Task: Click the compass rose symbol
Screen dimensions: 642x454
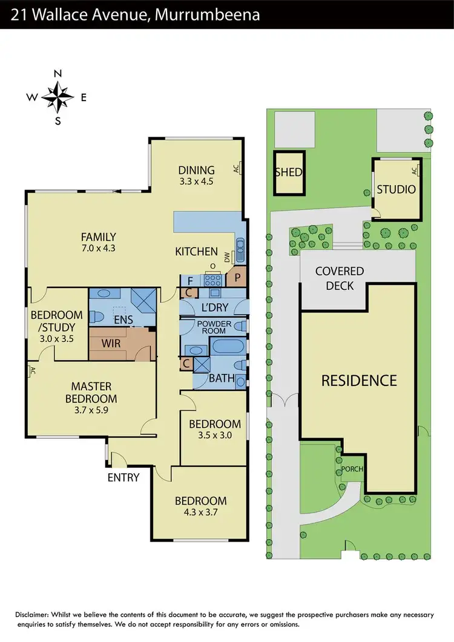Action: (58, 97)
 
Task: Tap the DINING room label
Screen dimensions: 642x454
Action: (196, 175)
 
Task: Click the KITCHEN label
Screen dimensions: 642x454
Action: (196, 251)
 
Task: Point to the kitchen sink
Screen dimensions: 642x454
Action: (240, 249)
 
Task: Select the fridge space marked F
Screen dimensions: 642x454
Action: (190, 280)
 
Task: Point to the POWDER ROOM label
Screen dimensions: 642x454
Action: (214, 327)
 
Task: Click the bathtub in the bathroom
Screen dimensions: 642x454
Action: (228, 348)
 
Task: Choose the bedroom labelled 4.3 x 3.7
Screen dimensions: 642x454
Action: (200, 506)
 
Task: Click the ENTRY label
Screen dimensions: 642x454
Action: (123, 477)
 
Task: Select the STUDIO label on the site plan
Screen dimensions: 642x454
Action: (396, 189)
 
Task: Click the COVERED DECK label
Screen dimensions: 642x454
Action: (339, 278)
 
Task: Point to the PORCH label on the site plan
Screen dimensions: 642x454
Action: (350, 469)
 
